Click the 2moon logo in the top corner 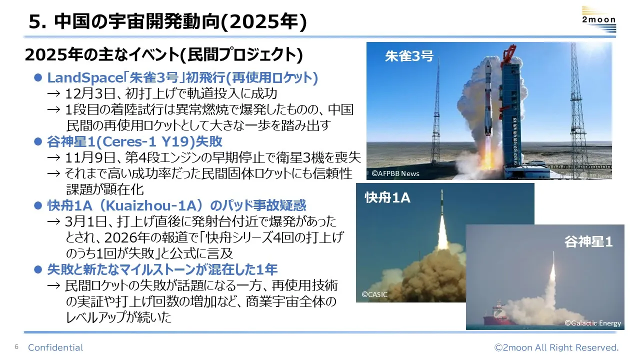point(599,19)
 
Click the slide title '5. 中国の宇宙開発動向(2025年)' point(167,21)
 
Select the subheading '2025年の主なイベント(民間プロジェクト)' point(163,54)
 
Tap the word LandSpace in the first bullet point(85,77)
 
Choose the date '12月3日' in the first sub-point point(90,93)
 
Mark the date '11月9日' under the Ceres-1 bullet point(90,157)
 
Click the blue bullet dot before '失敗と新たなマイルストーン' point(38,269)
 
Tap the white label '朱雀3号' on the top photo point(409,56)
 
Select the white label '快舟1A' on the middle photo point(387,197)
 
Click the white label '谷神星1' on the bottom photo point(588,241)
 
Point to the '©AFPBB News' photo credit point(395,173)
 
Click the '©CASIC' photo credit point(374,294)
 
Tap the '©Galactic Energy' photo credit point(593,323)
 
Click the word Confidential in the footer point(55,347)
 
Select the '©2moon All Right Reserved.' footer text point(556,347)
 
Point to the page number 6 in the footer point(16,347)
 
